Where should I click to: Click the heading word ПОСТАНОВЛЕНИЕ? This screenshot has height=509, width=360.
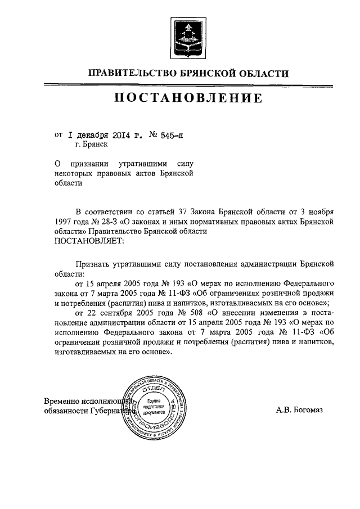pos(188,98)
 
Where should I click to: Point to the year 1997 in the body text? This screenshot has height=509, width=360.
pos(64,222)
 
